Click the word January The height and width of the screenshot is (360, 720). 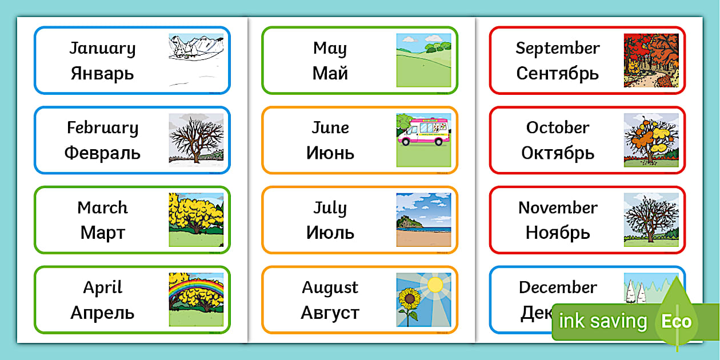102,49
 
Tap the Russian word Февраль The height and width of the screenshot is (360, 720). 102,153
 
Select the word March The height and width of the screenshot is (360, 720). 102,207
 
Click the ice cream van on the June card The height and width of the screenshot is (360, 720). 423,132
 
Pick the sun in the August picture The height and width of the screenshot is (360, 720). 435,283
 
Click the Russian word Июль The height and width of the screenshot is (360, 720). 330,233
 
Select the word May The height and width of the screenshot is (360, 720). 330,49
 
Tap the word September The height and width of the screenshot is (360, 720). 558,49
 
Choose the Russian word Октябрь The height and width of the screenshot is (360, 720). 558,153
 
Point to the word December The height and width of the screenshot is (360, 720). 558,287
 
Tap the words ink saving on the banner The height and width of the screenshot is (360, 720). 602,321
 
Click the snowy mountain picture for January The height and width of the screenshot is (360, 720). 195,59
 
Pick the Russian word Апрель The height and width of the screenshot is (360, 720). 102,313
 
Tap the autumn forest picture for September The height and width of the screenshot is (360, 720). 651,60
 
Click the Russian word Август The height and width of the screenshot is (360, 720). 330,313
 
